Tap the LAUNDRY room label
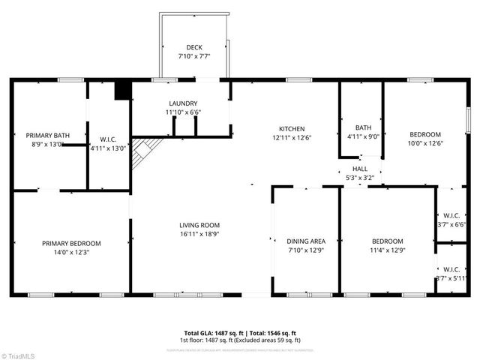click(183, 103)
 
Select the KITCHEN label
click(291, 128)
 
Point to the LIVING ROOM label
click(199, 225)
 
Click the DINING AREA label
click(306, 241)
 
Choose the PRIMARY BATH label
click(48, 136)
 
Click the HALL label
click(360, 169)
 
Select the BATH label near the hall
click(363, 127)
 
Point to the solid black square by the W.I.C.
click(121, 91)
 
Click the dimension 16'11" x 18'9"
click(199, 234)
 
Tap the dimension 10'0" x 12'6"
click(426, 143)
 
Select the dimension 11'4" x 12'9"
click(388, 250)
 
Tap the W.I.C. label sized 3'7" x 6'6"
click(451, 215)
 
